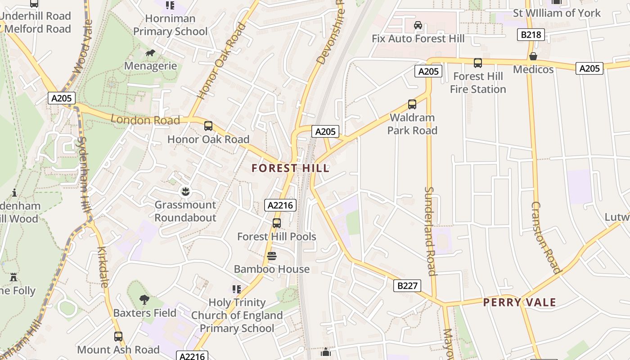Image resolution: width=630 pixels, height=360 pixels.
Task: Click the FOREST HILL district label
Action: pos(290,168)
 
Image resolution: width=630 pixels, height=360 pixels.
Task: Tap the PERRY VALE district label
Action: pos(519,302)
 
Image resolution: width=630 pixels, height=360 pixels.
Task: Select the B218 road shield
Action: pos(531,35)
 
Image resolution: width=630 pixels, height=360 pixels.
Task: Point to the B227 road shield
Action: pos(407,285)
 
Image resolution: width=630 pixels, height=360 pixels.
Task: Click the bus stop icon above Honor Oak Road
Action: pos(208,126)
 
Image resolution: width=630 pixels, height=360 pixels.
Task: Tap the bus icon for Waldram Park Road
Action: pos(412,104)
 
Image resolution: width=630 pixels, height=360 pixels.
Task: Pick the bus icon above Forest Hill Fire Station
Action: pos(478,63)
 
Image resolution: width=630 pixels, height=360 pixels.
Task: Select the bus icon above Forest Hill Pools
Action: pos(277,223)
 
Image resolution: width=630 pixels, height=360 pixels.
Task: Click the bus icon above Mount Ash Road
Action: pos(118,336)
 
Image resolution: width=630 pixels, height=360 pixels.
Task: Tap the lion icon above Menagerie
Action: pos(150,53)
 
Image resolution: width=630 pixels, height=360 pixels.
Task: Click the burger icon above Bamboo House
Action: pos(271,256)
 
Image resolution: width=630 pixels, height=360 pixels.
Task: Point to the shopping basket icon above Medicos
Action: pos(533,56)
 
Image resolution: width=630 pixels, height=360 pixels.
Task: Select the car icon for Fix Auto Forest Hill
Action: pos(418,25)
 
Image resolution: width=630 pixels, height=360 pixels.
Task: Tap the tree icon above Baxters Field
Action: pos(144,299)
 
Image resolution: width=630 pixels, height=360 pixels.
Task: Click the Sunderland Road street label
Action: pos(430,231)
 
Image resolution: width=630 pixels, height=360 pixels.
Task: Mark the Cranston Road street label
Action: pos(544,237)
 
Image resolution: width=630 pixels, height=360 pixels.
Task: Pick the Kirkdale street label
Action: pos(103,266)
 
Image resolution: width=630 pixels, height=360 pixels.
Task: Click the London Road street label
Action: pos(145,120)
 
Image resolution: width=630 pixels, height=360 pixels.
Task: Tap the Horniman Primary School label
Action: pos(170,25)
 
